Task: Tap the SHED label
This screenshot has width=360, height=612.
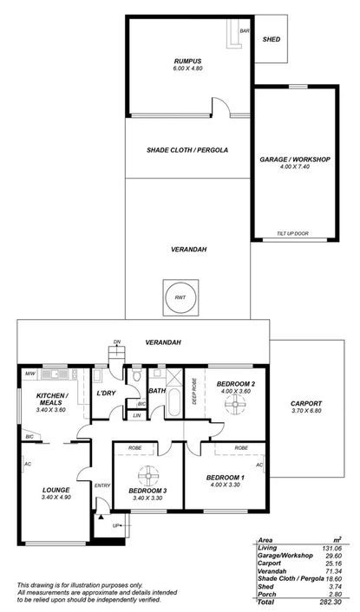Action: pos(272,39)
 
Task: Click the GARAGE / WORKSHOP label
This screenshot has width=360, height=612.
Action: pos(295,160)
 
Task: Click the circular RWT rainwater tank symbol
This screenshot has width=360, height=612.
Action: pos(180,296)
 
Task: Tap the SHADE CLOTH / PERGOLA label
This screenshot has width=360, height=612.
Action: pos(187,150)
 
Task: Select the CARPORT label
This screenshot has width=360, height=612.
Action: pos(306,403)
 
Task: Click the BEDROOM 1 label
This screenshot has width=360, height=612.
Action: pos(225,478)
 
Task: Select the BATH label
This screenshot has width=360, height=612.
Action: pos(157,391)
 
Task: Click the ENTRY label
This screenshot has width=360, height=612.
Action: pos(102,485)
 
